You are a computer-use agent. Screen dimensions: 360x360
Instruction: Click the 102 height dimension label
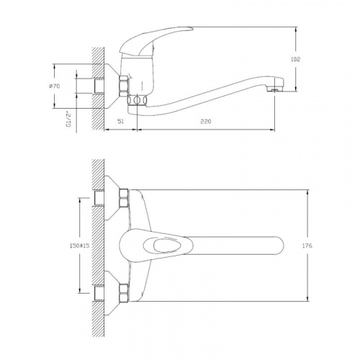point(295,59)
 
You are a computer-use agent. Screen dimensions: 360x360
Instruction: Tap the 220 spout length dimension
point(206,122)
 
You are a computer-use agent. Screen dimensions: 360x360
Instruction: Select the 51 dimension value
point(121,122)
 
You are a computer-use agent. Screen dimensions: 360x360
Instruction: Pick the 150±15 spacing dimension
point(79,246)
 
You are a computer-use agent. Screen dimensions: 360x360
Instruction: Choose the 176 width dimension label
point(307,246)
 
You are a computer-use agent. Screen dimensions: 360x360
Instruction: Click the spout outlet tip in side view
point(275,90)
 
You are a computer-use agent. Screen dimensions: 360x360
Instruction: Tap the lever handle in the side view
point(156,41)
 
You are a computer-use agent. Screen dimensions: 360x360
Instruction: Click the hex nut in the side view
point(124,86)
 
